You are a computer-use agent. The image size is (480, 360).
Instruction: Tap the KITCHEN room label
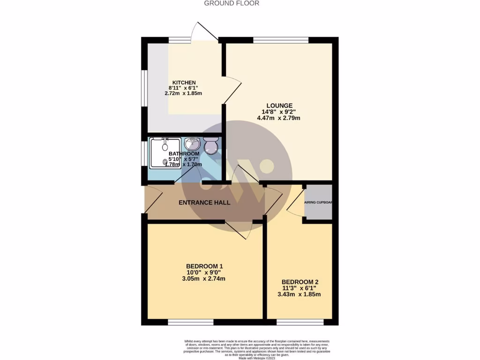183,82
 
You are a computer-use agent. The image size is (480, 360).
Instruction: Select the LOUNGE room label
279,105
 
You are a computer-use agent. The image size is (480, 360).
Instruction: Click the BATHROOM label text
184,153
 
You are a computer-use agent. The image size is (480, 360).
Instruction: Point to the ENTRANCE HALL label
205,202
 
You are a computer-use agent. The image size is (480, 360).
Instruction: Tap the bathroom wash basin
192,142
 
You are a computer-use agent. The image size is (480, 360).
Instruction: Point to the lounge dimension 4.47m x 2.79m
278,118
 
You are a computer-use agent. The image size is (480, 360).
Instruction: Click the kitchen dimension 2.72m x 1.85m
183,93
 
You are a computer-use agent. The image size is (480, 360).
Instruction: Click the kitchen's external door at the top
207,32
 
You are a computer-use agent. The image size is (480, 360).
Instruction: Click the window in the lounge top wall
280,40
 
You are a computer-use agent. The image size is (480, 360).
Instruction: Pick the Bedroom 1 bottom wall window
190,322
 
